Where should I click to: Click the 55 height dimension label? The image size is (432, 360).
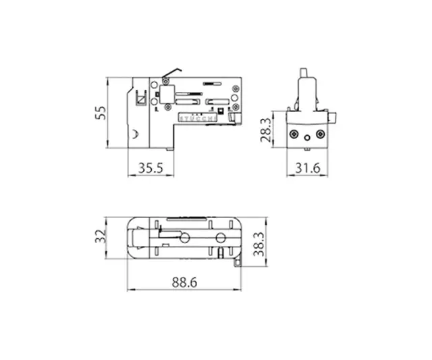(x=100, y=112)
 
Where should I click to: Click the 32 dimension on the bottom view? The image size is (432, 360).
(x=100, y=236)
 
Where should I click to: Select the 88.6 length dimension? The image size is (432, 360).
(x=182, y=284)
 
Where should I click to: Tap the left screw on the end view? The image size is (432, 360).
(x=294, y=134)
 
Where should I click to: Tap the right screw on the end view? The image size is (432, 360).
(x=321, y=134)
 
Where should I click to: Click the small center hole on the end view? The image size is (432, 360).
(x=307, y=137)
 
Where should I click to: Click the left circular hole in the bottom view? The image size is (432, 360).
(x=184, y=238)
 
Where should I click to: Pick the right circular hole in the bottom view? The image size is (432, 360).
(x=221, y=238)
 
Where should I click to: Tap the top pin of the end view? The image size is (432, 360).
(x=305, y=72)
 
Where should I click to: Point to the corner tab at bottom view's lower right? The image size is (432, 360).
(x=238, y=260)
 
